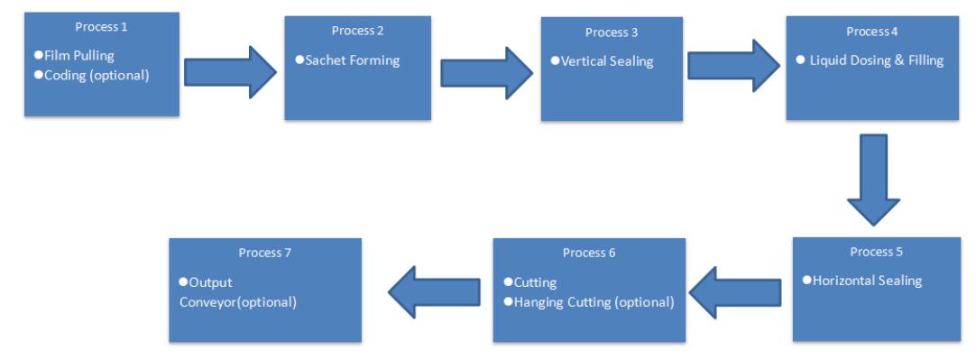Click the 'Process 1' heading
101,27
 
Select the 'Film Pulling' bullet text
79,55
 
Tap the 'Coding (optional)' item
97,75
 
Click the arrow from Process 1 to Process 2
230,72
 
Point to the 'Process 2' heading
357,31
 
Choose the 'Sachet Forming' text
353,60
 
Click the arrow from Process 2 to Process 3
487,73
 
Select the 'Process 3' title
612,32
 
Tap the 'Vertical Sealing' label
607,61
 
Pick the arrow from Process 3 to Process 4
734,65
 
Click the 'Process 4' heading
871,32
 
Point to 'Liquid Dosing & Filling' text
877,60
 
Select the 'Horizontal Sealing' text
867,281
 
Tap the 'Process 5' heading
877,252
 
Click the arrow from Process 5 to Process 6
735,292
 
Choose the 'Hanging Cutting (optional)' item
594,302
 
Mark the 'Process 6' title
589,253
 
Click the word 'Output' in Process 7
210,282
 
